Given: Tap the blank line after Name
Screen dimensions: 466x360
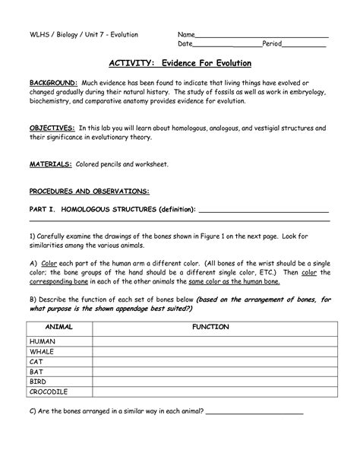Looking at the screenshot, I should pos(262,36).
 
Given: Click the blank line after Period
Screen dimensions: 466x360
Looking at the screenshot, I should pos(304,46).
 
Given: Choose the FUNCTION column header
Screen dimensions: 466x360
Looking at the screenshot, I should pos(211,327).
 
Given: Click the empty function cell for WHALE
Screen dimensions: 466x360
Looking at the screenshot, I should pos(211,352).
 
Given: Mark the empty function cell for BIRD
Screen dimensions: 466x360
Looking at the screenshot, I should pos(211,382).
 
